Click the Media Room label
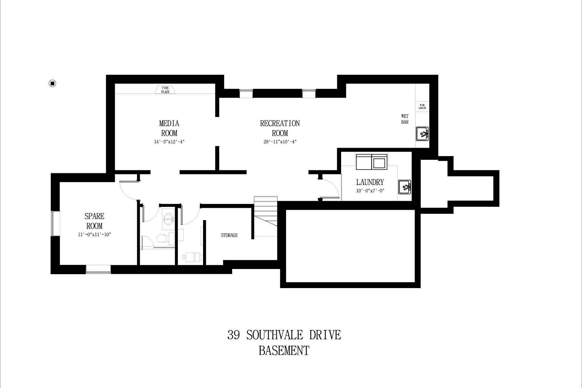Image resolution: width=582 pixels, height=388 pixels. [169, 128]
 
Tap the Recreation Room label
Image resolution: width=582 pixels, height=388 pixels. [280, 128]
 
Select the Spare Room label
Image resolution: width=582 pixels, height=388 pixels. [94, 221]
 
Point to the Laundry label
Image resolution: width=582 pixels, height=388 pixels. [370, 182]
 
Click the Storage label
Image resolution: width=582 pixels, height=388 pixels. [229, 235]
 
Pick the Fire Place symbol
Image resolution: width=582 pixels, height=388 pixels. [165, 90]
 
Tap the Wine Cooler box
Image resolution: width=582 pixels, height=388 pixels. [422, 107]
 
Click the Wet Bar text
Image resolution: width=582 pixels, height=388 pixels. [405, 119]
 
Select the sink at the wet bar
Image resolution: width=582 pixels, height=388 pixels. [422, 134]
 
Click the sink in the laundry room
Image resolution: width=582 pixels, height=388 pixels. [404, 187]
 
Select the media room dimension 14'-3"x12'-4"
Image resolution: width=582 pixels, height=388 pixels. [169, 142]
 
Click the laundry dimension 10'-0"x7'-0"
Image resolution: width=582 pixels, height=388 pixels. [370, 191]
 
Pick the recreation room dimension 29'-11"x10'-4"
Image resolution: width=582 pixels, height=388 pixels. [280, 142]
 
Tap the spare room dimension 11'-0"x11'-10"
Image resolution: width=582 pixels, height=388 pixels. [94, 234]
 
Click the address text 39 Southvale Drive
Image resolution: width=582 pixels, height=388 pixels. [284, 335]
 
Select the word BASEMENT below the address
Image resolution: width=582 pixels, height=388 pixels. [284, 350]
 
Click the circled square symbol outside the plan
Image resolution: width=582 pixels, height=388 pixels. [52, 83]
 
